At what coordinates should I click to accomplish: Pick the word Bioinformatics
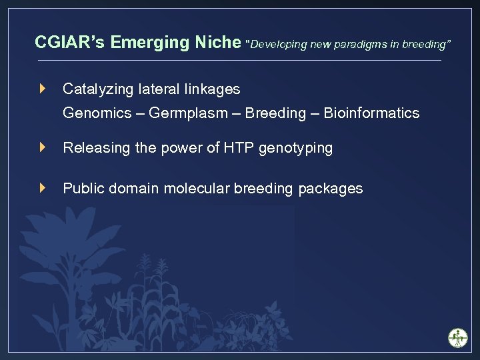pyautogui.click(x=371, y=113)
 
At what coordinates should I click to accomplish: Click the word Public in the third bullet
pyautogui.click(x=81, y=189)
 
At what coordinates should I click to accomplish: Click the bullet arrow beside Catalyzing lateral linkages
pyautogui.click(x=43, y=88)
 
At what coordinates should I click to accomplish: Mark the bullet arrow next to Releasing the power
pyautogui.click(x=43, y=147)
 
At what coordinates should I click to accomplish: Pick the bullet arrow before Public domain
pyautogui.click(x=43, y=188)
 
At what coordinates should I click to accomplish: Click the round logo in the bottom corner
pyautogui.click(x=457, y=337)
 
